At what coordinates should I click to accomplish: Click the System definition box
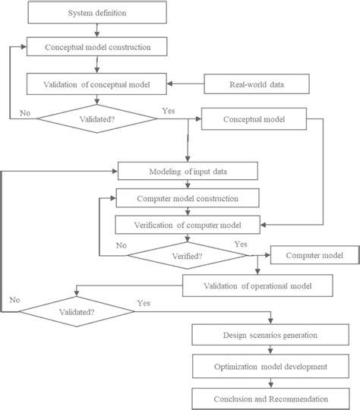click(97, 14)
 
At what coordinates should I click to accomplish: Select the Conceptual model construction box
click(97, 46)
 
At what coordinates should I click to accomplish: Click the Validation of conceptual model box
click(97, 84)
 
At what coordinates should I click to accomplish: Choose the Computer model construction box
click(188, 198)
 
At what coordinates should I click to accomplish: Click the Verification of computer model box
click(188, 224)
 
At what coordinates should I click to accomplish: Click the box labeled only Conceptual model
click(253, 119)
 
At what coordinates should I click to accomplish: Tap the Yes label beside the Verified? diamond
click(241, 244)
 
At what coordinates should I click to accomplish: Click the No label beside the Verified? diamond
click(121, 245)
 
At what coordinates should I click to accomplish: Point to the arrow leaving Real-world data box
click(186, 84)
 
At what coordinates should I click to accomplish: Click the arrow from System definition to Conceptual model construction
click(97, 30)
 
